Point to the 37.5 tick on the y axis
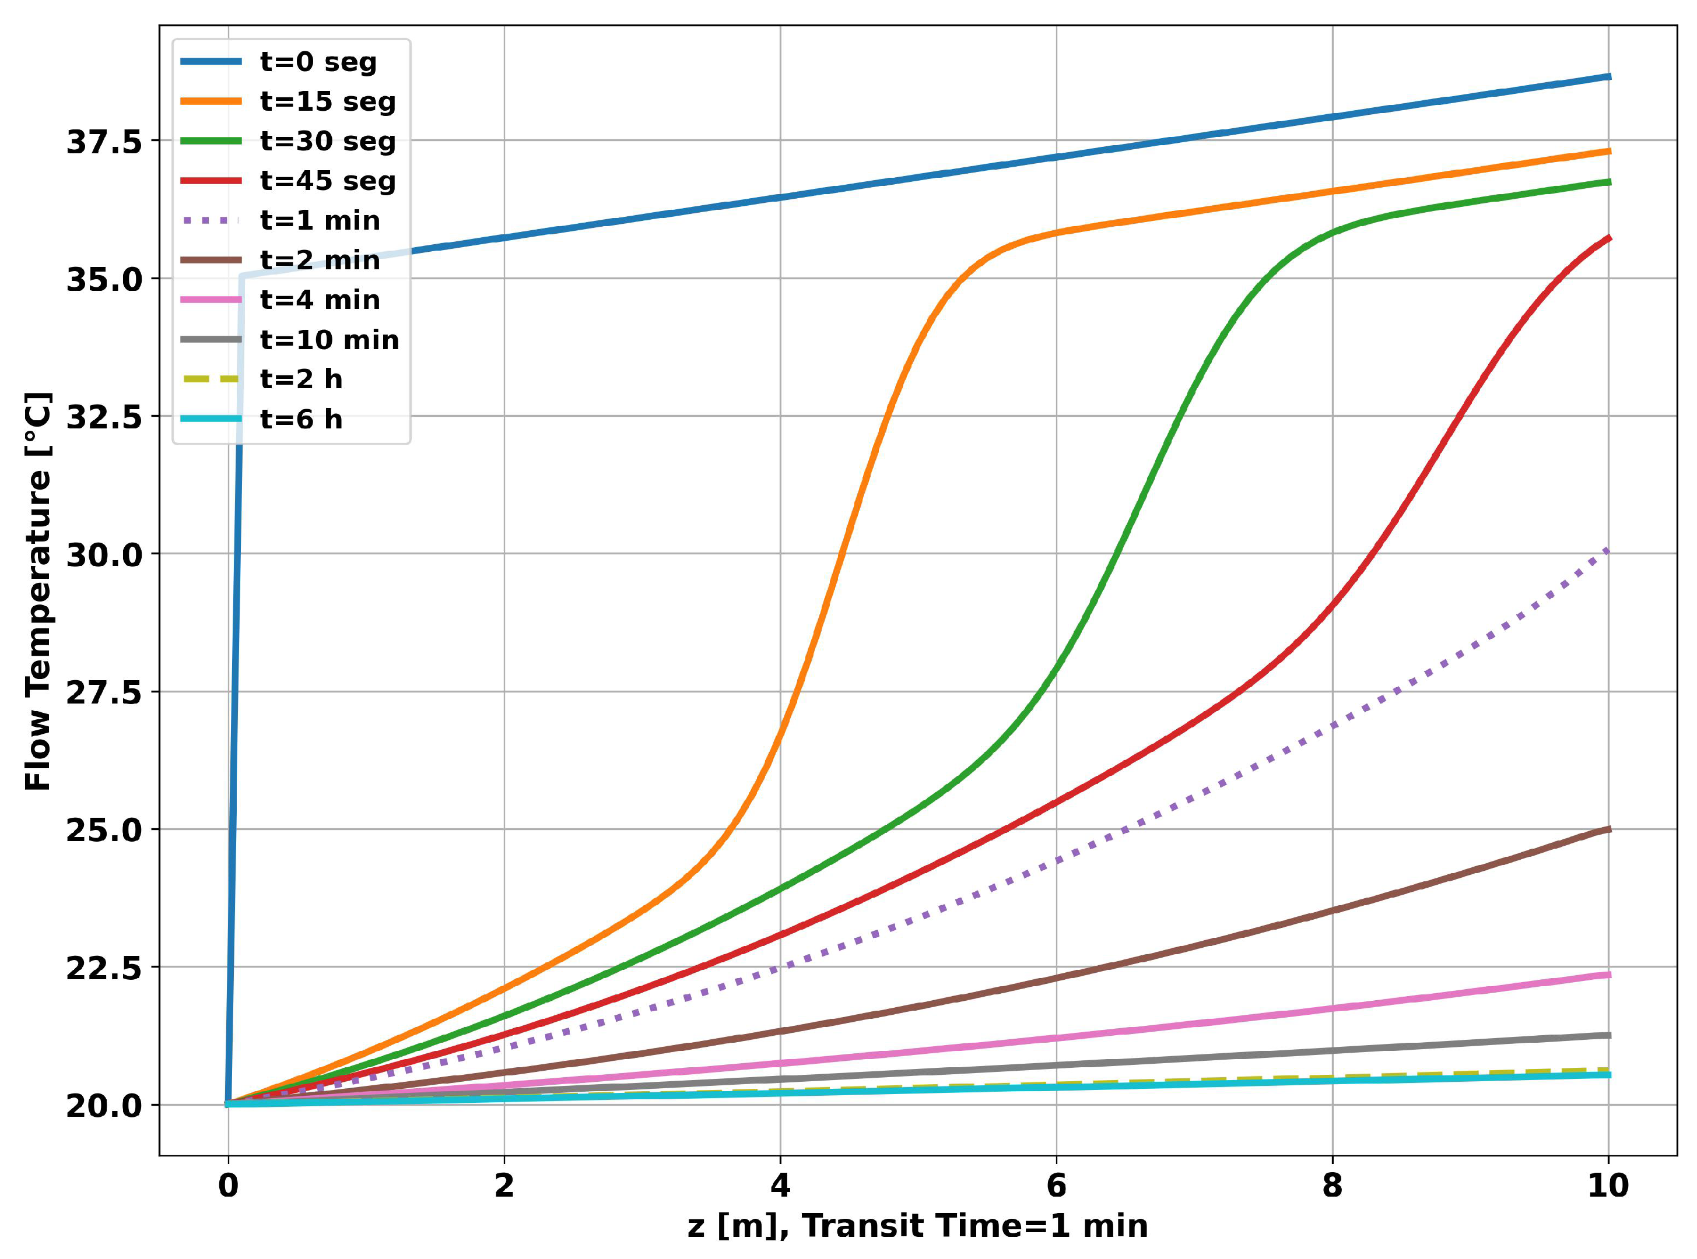(x=104, y=142)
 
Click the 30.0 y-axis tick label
(x=104, y=554)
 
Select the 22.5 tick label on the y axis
(x=104, y=968)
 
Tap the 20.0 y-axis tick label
(x=104, y=1105)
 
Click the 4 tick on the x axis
(x=780, y=1186)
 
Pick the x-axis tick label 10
(x=1608, y=1186)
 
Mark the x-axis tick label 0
(x=228, y=1186)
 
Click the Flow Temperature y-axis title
(x=38, y=592)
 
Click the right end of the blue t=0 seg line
(x=1608, y=76)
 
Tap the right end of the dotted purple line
(x=1608, y=550)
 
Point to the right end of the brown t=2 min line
(x=1608, y=829)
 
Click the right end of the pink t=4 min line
(x=1608, y=975)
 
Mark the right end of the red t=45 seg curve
(x=1608, y=238)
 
